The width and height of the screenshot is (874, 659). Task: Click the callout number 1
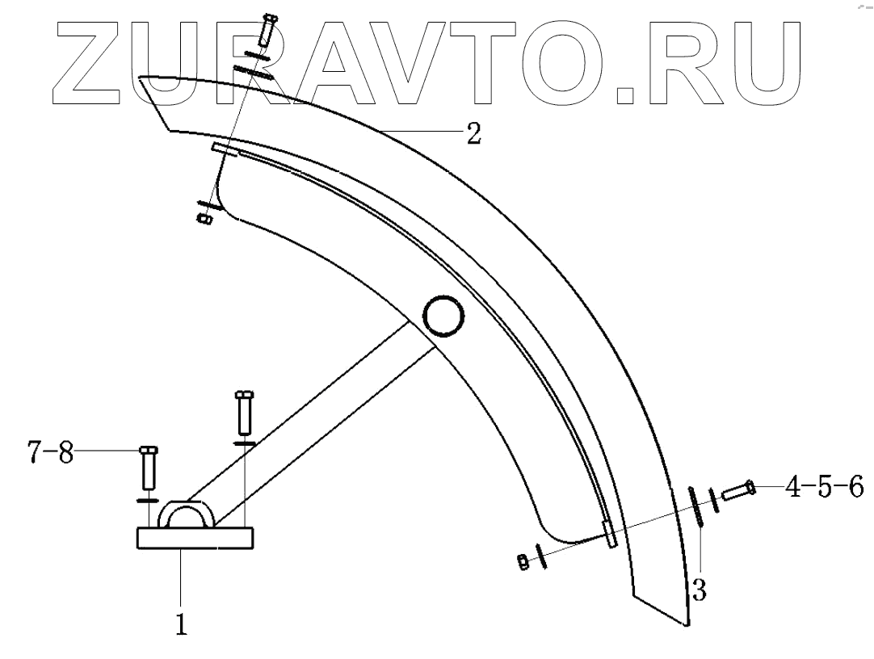tap(183, 624)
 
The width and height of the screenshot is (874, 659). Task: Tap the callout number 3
tap(700, 590)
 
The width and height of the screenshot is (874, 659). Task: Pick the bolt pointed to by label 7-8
tap(148, 468)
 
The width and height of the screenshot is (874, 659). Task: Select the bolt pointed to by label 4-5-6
tap(737, 489)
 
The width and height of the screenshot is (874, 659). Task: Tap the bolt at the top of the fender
tap(267, 31)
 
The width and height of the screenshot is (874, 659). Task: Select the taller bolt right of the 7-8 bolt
tap(244, 412)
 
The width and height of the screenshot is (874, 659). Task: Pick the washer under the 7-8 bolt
tap(147, 501)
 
